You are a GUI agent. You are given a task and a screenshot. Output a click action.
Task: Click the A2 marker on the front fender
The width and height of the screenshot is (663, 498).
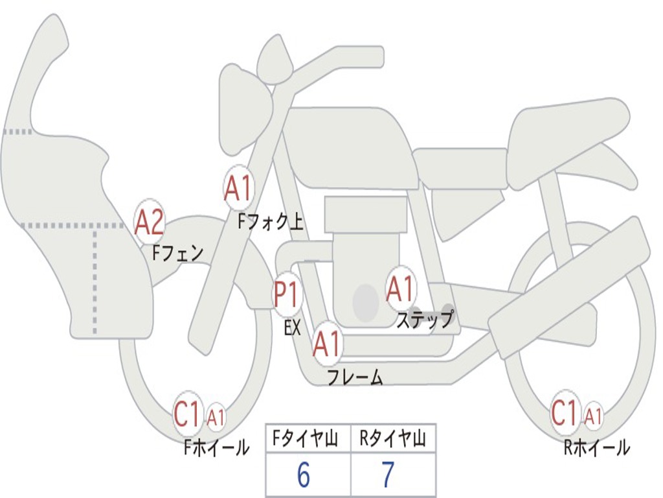150,222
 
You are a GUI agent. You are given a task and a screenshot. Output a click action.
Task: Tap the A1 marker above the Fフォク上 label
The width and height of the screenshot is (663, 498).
238,187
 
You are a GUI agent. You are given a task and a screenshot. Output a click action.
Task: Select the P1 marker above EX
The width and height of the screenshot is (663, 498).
287,295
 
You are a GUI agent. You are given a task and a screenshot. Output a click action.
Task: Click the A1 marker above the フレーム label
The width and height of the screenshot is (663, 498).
327,343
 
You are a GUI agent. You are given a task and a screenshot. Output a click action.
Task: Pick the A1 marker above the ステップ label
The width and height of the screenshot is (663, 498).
400,289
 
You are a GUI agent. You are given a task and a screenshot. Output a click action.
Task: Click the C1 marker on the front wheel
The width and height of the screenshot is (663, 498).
188,414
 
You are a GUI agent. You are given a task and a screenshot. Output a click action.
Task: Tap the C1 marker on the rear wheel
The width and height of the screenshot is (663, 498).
565,413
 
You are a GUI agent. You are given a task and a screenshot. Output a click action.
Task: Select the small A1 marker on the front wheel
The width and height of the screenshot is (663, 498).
216,417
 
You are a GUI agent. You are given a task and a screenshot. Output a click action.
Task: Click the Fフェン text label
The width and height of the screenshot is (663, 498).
178,252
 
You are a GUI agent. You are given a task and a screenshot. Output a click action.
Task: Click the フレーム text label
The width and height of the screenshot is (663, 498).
355,377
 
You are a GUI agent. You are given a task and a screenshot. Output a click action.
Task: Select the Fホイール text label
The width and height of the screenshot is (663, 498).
216,447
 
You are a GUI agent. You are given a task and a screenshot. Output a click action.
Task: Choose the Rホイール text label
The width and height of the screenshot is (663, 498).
596,447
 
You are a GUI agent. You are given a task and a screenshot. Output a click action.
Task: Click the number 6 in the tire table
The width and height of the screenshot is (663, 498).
303,475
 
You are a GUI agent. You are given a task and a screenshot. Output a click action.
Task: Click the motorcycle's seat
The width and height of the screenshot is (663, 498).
563,136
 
